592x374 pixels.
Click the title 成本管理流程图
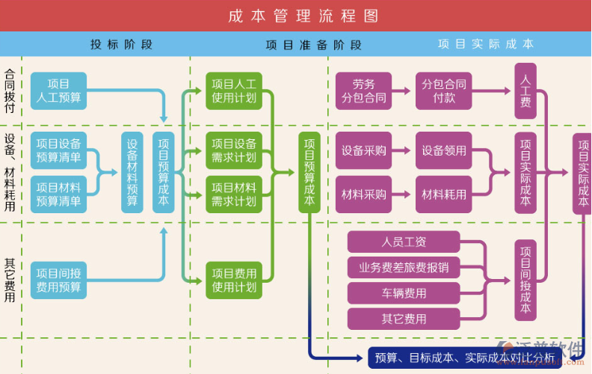tap(303, 16)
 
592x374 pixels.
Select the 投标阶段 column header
tap(121, 44)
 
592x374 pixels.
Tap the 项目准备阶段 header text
tap(313, 44)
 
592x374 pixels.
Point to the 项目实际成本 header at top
tap(486, 44)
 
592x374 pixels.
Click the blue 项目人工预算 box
tap(58, 91)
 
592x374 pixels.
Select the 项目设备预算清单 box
tap(58, 150)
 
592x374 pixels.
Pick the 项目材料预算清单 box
tap(58, 194)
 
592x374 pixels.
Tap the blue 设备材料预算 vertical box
tap(132, 172)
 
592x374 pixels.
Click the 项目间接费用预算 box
tap(58, 280)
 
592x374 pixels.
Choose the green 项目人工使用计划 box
tap(234, 91)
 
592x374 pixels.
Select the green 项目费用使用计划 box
tap(234, 280)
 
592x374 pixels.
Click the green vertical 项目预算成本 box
tap(309, 172)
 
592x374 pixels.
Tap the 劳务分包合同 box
tap(364, 91)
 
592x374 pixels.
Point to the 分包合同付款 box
tap(444, 91)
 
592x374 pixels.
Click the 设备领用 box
tap(444, 150)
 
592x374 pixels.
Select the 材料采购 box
tap(364, 194)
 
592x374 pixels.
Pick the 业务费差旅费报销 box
tap(404, 267)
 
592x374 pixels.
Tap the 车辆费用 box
tap(404, 292)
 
